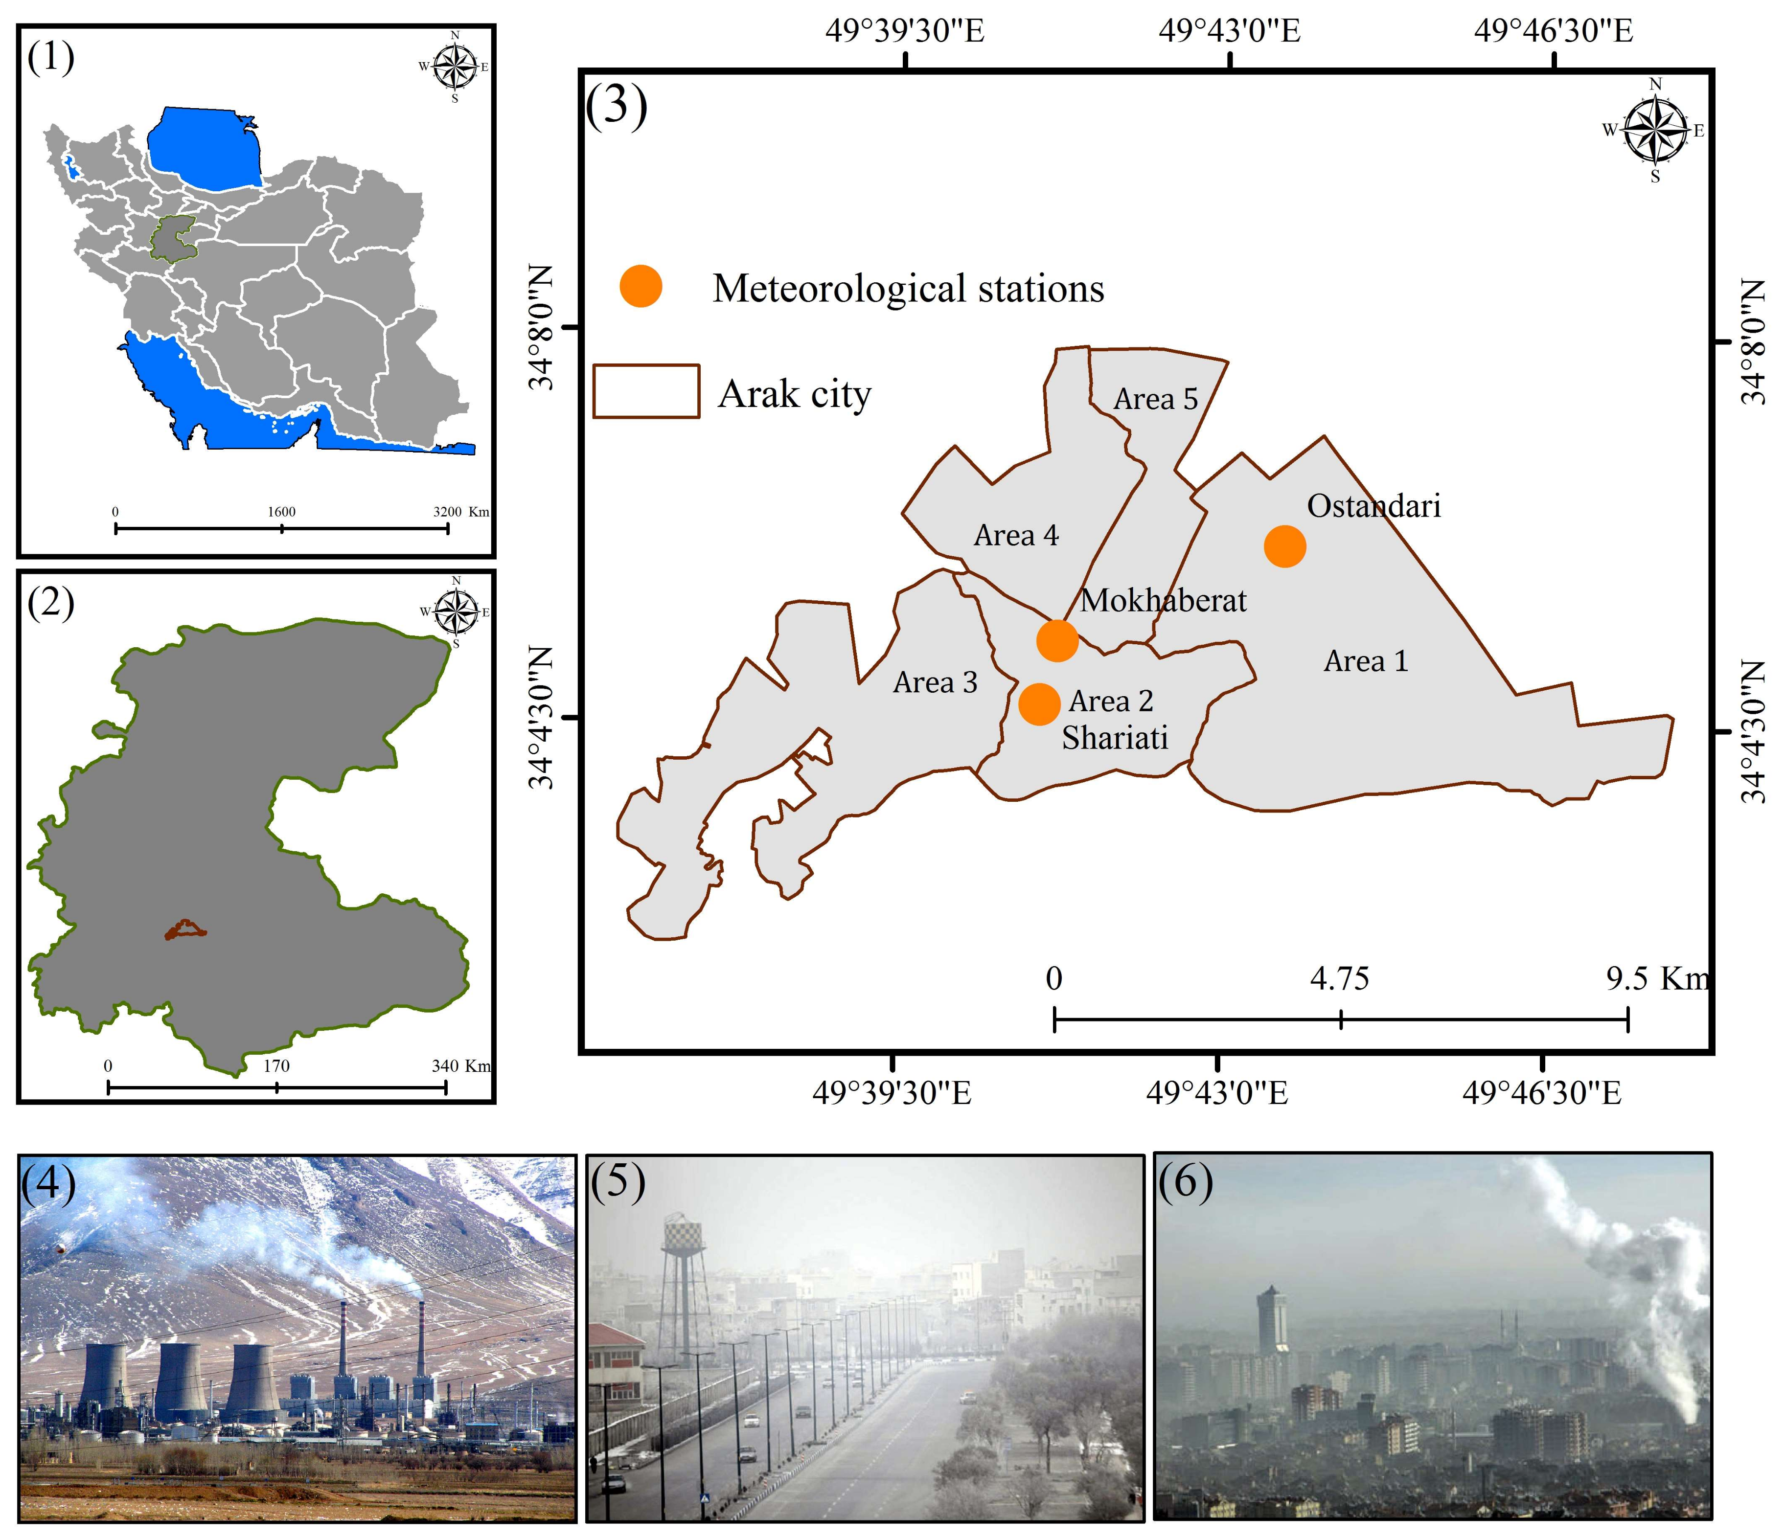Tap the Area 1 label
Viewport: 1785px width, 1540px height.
click(x=1366, y=661)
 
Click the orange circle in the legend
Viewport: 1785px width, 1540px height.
click(x=640, y=286)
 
